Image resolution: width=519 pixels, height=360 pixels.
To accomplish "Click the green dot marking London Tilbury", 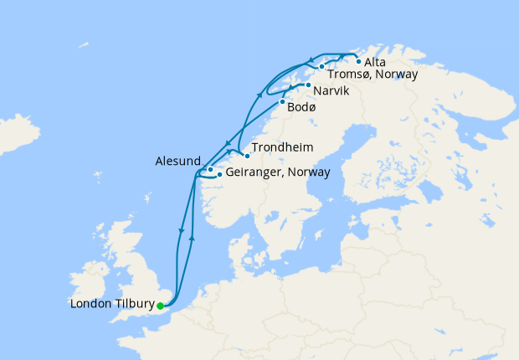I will (160, 306).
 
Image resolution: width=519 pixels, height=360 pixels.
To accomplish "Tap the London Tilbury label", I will (113, 306).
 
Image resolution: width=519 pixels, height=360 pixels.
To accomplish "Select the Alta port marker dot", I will (359, 61).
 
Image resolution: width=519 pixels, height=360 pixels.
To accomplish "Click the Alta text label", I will (376, 61).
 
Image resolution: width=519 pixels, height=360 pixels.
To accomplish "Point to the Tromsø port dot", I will (321, 66).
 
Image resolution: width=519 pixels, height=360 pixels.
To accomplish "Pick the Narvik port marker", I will (309, 85).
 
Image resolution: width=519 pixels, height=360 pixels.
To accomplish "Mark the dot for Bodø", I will (282, 101).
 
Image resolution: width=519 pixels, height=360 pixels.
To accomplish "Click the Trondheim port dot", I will (247, 155).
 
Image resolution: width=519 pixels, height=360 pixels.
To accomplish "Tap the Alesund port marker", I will (210, 169).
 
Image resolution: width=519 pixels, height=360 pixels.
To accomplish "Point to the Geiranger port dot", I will (219, 175).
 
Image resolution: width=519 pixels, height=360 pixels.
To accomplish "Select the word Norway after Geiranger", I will (309, 172).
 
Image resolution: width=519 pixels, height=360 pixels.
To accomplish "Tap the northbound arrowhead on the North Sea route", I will (193, 238).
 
